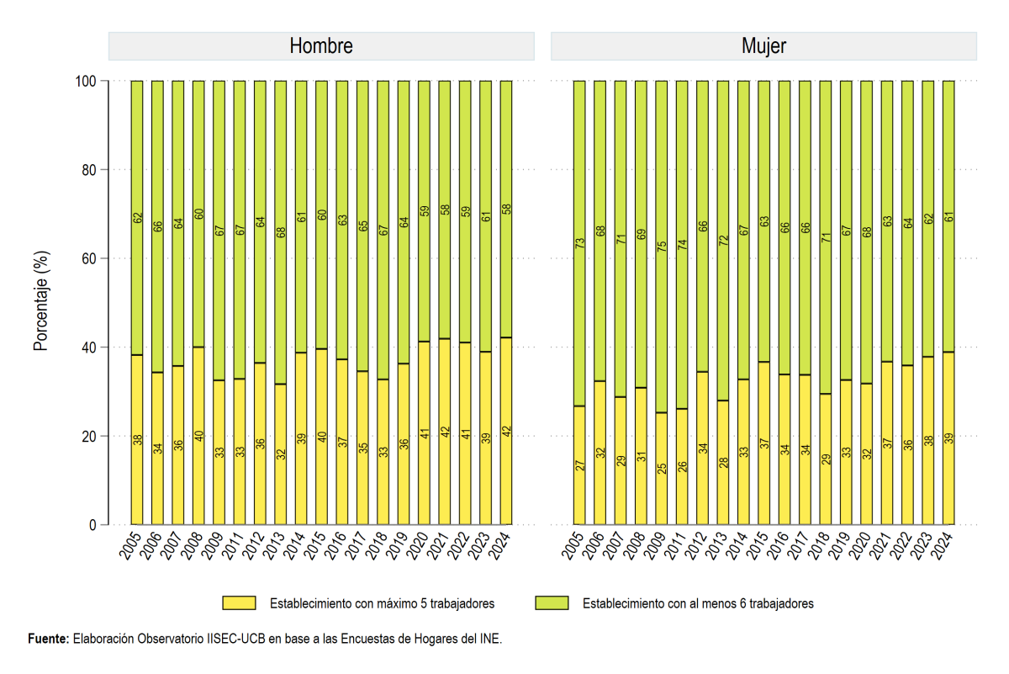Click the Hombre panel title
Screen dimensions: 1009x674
(x=321, y=45)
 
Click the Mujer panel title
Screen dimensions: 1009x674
(x=763, y=46)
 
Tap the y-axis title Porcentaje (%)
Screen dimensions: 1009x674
(x=40, y=300)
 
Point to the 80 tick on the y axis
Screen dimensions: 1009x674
(x=89, y=170)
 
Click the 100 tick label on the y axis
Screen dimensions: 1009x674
(x=86, y=81)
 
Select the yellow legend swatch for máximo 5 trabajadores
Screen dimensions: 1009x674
(x=239, y=602)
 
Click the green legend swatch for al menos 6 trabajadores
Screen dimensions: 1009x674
(x=552, y=602)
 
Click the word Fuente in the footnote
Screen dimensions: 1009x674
(x=48, y=639)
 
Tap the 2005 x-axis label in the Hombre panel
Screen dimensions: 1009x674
(x=129, y=546)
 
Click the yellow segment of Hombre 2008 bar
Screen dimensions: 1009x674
(x=198, y=436)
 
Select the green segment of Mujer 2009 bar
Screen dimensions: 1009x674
(x=661, y=247)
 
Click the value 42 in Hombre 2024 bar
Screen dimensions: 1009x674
(x=506, y=432)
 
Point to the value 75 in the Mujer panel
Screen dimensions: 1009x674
(x=661, y=247)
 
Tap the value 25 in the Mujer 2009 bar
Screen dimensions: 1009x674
(x=661, y=469)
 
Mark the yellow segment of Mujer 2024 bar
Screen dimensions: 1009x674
(x=948, y=438)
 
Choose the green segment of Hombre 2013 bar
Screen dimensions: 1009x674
(x=280, y=232)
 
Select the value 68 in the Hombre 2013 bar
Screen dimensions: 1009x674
(x=281, y=232)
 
